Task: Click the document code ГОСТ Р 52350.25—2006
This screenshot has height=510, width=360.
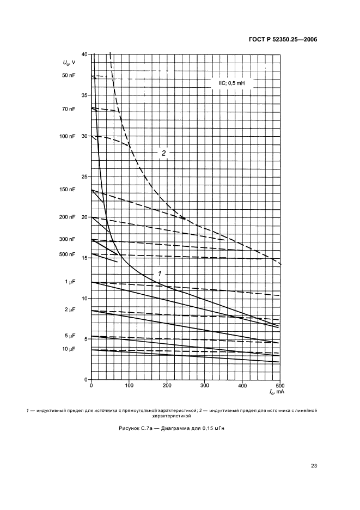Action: pos(286,39)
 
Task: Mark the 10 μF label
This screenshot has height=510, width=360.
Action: pos(69,349)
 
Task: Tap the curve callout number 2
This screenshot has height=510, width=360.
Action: pos(163,153)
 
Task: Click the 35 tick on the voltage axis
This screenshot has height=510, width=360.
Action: pos(84,95)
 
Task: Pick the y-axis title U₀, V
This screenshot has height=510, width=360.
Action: pos(69,64)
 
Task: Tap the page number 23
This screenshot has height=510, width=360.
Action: pos(314,466)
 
